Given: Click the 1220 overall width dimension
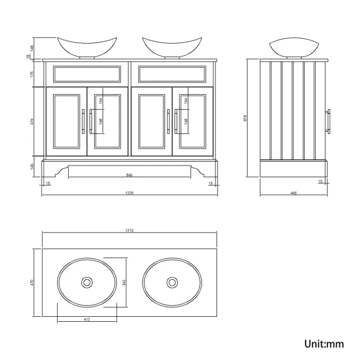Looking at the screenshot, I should pos(130,193).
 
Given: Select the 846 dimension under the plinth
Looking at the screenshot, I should pos(129,175).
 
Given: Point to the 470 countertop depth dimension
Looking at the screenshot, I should pos(33,282).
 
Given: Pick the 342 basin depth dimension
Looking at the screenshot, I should pos(125,282).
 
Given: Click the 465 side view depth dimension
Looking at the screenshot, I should pos(294,193).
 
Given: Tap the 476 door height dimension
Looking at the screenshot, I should pos(33,121).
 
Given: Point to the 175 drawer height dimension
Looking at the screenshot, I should pos(33,74).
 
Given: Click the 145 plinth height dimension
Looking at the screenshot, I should pos(33,166).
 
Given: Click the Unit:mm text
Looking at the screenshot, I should pos(324,344).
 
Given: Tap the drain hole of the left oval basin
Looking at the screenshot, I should pos(87,282).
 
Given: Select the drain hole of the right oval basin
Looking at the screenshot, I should pos(171,282).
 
